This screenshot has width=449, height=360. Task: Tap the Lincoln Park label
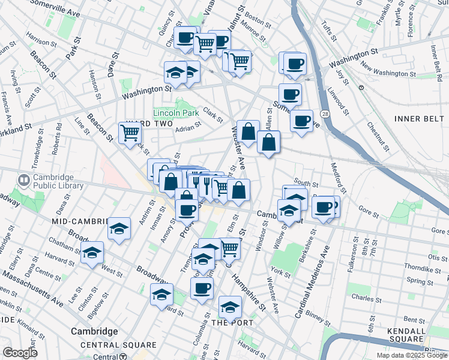coord(175,113)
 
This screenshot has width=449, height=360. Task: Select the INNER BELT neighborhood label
coord(418,118)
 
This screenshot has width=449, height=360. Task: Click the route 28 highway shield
coord(324,113)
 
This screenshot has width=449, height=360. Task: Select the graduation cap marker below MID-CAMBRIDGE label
coord(119,229)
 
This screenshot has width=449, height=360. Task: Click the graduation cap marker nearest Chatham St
coord(92,253)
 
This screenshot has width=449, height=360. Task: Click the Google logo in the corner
coord(20,353)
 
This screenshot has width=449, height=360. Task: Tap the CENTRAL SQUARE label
coord(118,346)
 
